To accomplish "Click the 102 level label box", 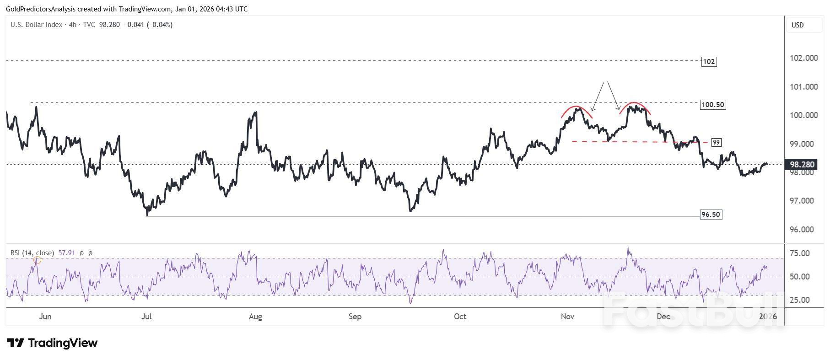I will [708, 61].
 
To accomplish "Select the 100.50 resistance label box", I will [713, 105].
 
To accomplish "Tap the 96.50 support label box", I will [711, 215].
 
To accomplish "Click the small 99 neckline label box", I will [716, 143].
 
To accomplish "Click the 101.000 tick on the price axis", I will [803, 87].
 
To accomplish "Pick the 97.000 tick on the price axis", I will [803, 201].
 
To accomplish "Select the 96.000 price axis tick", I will [803, 230].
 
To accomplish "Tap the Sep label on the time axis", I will [355, 317].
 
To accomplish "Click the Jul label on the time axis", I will [146, 317].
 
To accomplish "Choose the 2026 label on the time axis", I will [768, 317].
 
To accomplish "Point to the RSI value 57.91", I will [67, 253].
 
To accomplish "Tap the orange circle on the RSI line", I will [38, 260].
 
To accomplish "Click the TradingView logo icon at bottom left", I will [16, 343].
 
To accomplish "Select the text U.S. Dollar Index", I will [36, 25].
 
